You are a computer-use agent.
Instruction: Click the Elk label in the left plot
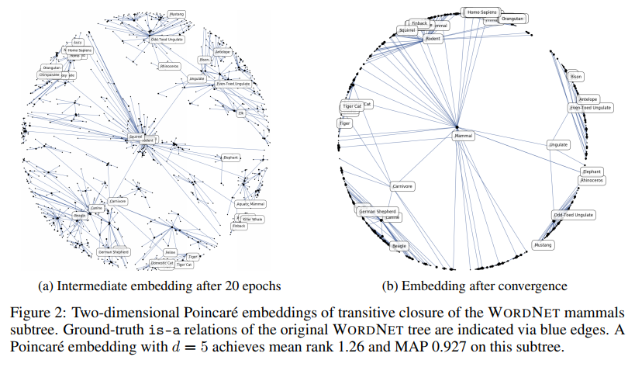[x=241, y=113]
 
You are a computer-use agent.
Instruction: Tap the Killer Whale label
[x=252, y=220]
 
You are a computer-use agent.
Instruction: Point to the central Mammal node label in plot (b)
[x=463, y=136]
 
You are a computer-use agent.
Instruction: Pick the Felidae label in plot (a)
[x=170, y=253]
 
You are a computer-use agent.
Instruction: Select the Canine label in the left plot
[x=97, y=207]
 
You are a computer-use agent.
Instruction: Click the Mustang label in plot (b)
[x=544, y=244]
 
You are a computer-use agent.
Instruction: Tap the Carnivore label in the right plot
[x=402, y=186]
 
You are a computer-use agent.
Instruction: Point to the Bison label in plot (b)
[x=575, y=77]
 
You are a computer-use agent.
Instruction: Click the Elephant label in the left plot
[x=230, y=158]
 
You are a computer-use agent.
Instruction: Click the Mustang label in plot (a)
[x=177, y=14]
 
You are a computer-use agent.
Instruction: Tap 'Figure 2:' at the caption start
[x=41, y=313]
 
